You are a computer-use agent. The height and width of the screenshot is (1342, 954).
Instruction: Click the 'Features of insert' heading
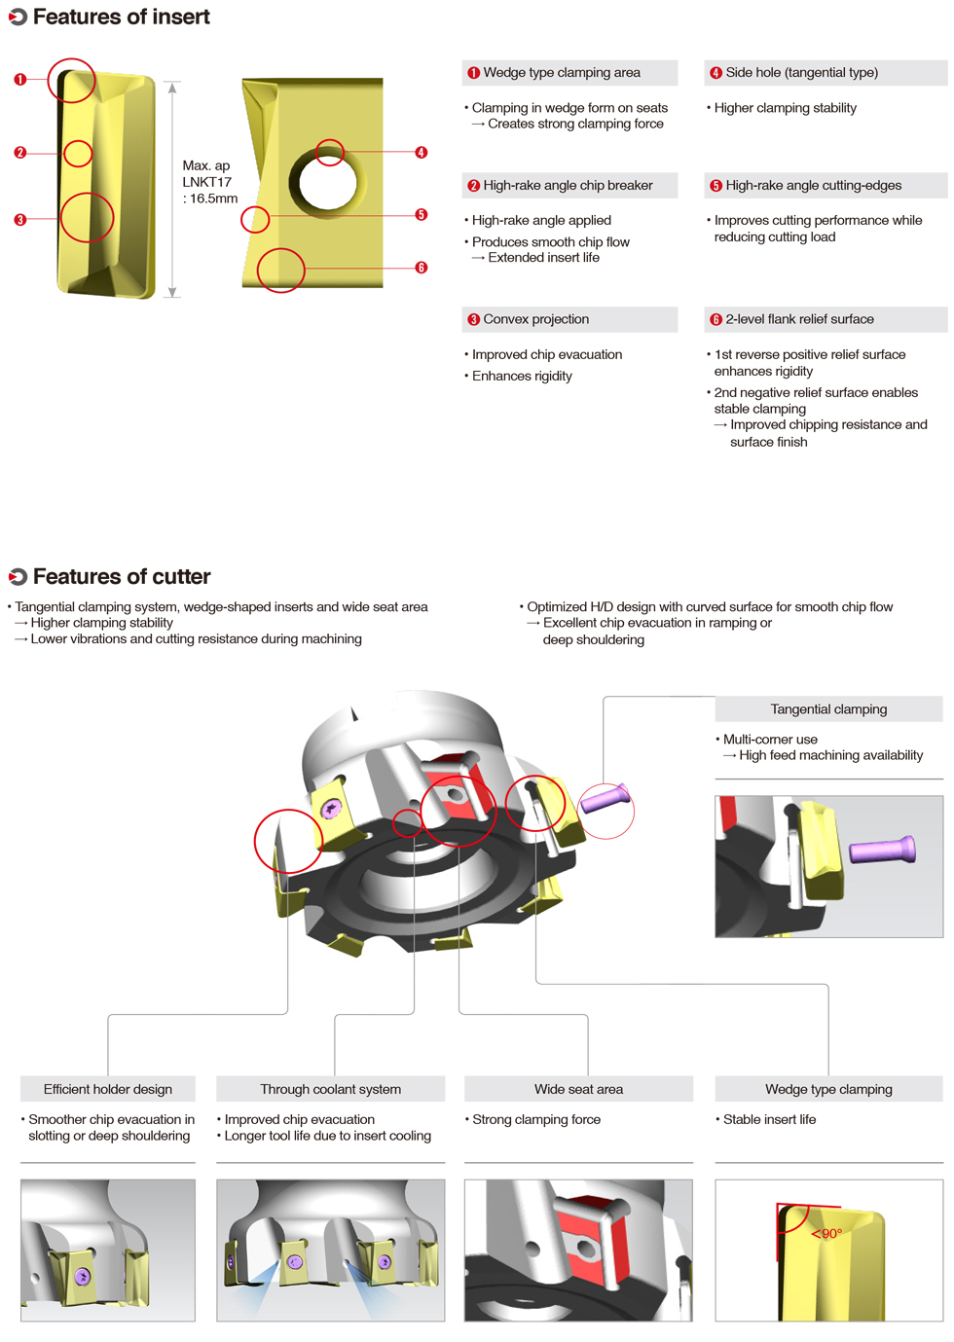(121, 17)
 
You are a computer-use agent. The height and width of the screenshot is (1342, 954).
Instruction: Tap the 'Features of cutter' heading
(121, 576)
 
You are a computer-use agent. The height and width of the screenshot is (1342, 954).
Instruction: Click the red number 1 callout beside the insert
(19, 79)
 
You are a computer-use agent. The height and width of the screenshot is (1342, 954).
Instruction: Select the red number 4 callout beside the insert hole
(421, 152)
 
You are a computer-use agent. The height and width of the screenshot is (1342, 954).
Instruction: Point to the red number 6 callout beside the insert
(421, 267)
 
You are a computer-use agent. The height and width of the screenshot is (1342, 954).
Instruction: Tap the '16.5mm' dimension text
(213, 199)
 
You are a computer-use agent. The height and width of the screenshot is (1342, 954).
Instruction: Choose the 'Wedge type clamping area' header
(562, 72)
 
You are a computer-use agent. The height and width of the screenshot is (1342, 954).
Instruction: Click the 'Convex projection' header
(535, 319)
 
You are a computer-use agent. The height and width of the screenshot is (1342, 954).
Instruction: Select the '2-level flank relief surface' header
(799, 319)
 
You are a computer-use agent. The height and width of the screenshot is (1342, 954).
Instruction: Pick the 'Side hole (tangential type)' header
(801, 72)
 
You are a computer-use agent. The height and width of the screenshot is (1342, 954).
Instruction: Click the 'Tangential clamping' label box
(828, 709)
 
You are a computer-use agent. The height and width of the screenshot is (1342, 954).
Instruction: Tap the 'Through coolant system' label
(330, 1089)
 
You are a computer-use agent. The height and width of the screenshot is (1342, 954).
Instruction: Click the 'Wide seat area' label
(578, 1089)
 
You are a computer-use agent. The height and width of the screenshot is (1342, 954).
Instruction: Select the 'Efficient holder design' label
(108, 1089)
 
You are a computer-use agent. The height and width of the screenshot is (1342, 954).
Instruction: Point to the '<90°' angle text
(827, 1234)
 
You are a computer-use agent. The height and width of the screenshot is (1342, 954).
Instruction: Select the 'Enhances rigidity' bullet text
(522, 376)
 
